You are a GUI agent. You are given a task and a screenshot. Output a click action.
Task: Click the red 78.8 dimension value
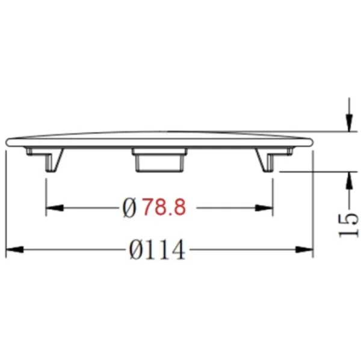pyautogui.click(x=164, y=207)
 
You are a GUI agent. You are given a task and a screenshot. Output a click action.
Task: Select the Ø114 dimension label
pyautogui.click(x=157, y=250)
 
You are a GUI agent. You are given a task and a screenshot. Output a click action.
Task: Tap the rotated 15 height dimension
pyautogui.click(x=348, y=225)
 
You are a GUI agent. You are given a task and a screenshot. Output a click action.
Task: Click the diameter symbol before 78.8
pyautogui.click(x=129, y=208)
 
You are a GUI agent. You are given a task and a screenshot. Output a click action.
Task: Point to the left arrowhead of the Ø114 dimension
pyautogui.click(x=14, y=249)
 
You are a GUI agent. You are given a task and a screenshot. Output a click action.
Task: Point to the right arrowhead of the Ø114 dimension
pyautogui.click(x=304, y=249)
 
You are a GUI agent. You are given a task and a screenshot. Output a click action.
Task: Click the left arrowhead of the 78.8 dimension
pyautogui.click(x=55, y=208)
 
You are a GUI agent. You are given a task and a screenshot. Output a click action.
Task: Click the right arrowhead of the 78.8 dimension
pyautogui.click(x=264, y=208)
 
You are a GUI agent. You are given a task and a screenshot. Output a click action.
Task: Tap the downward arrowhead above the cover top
pyautogui.click(x=349, y=123)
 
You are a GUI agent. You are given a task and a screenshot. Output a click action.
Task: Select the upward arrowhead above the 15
pyautogui.click(x=349, y=180)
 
